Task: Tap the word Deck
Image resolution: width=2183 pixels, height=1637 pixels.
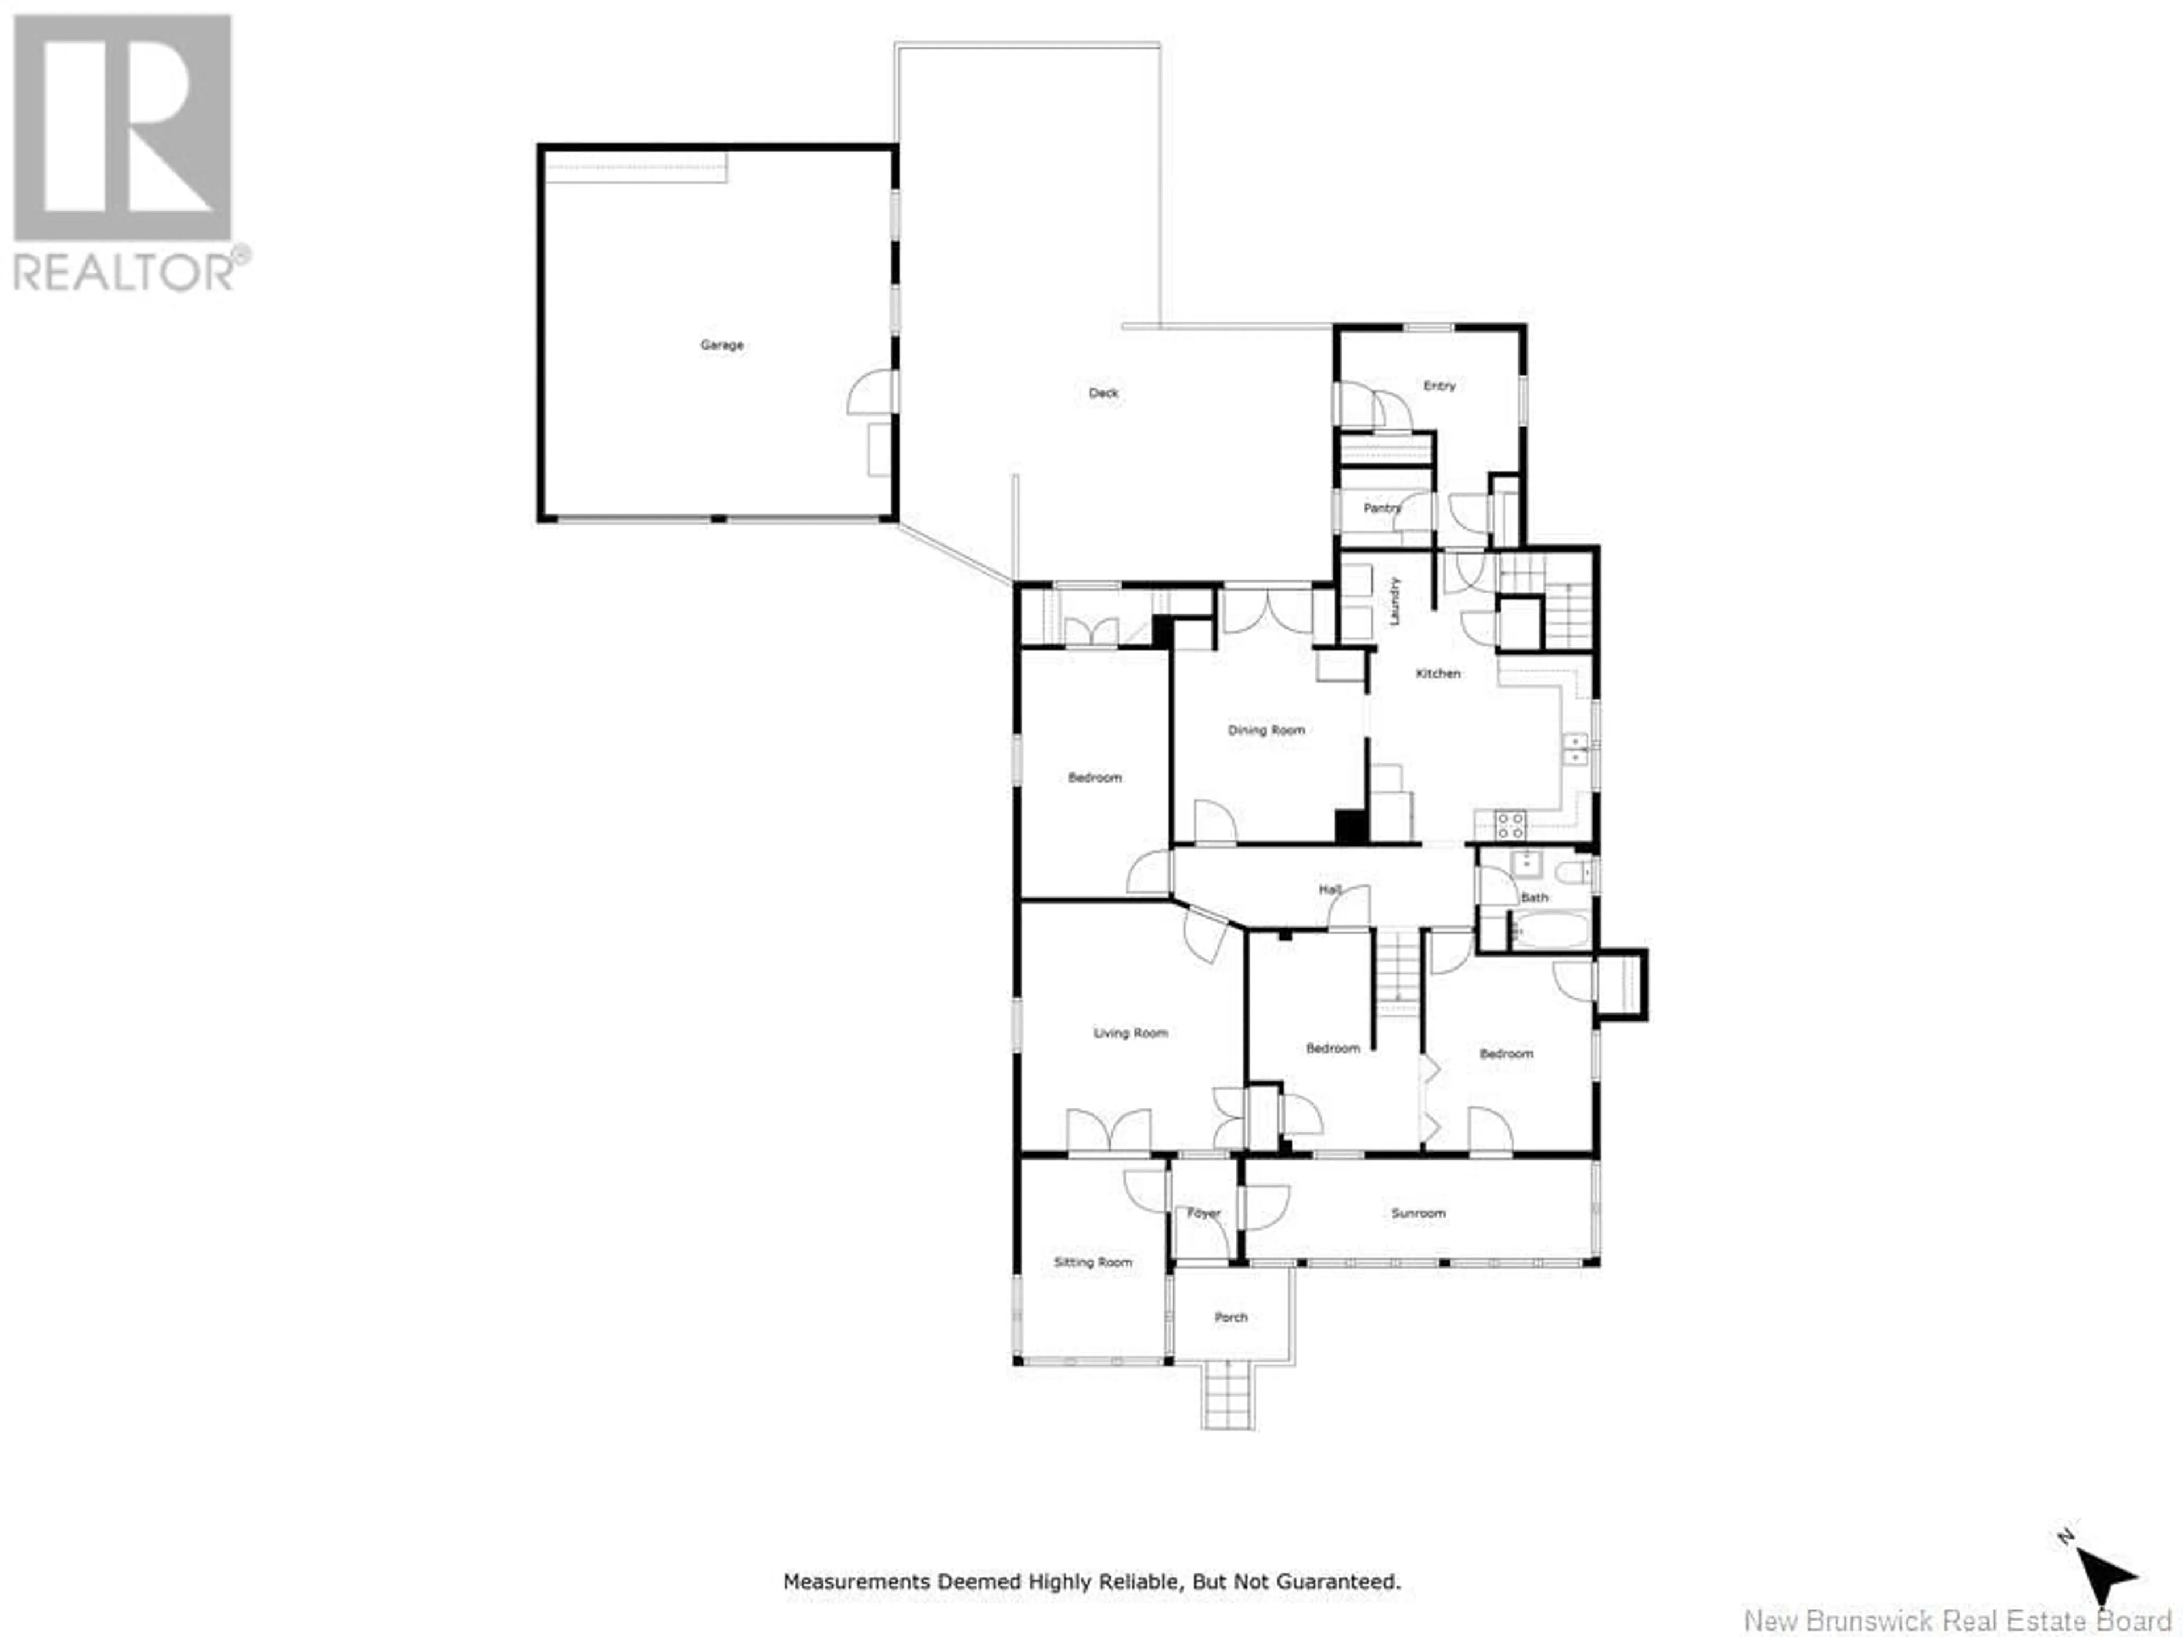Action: click(1103, 393)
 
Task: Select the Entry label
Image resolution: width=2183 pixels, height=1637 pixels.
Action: click(1439, 386)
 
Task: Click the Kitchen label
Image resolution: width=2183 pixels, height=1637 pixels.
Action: click(1438, 673)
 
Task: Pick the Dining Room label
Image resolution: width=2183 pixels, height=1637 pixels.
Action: click(1266, 730)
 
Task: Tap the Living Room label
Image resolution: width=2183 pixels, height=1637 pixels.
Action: click(1130, 1033)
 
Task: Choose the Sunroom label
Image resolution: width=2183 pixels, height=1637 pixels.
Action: click(1418, 1213)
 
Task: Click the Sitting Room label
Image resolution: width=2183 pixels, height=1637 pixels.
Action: click(1093, 1262)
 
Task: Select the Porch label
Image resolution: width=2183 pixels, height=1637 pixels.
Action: click(1231, 1318)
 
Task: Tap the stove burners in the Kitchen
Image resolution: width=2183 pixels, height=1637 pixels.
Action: click(1510, 825)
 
